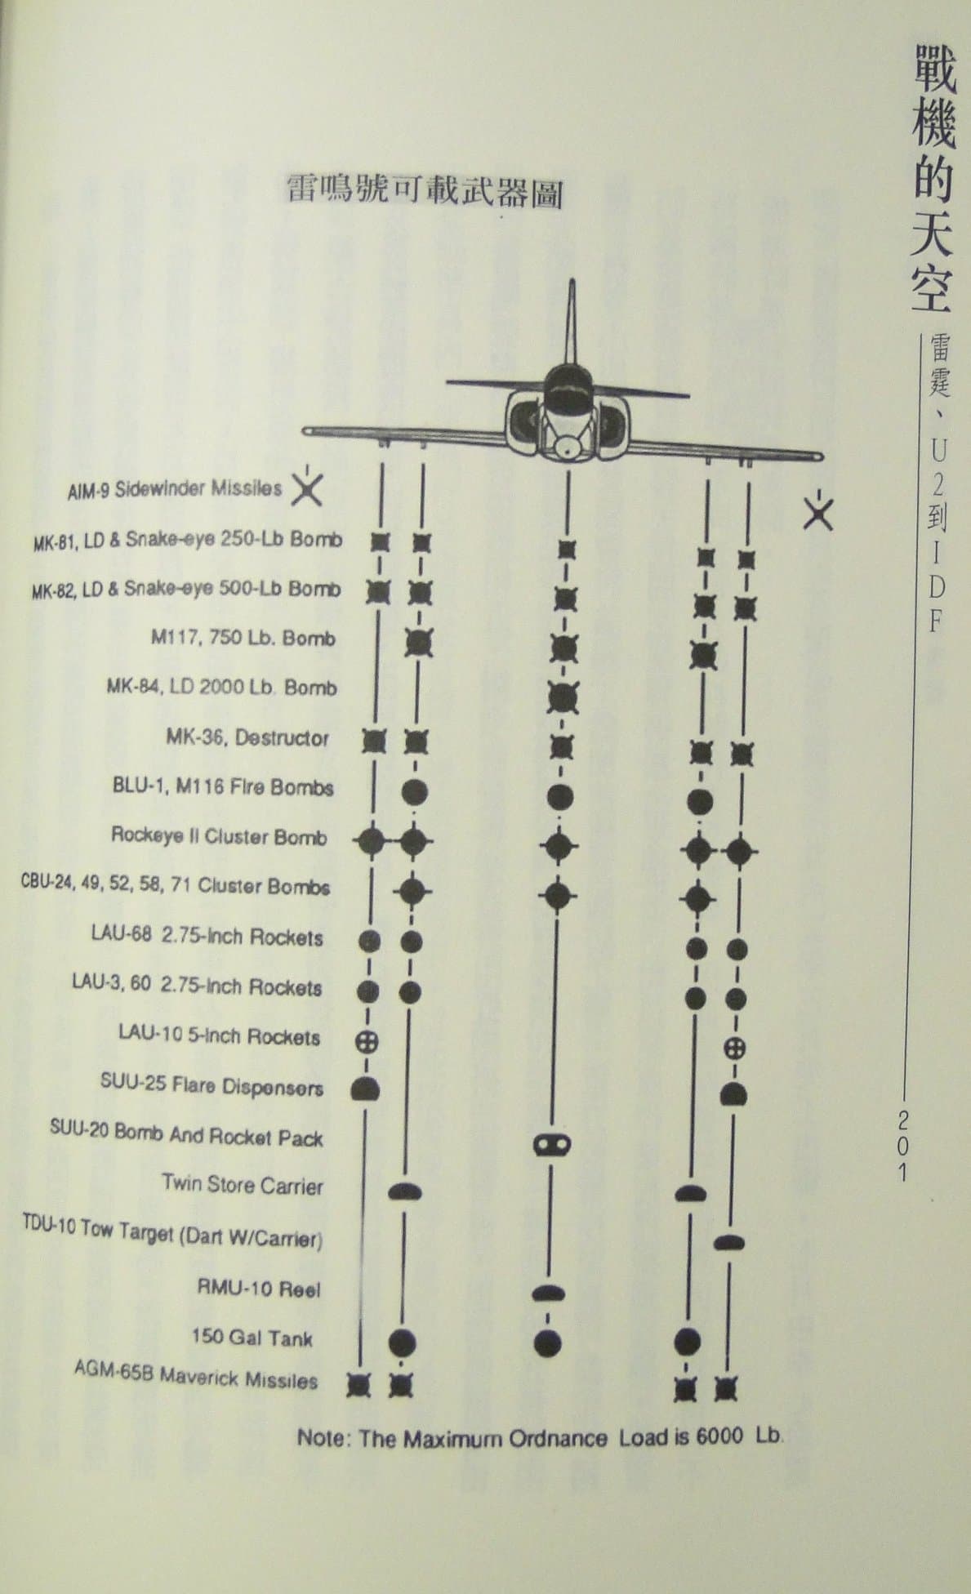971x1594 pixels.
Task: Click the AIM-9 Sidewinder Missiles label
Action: pyautogui.click(x=175, y=490)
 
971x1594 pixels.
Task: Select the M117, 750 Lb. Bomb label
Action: pyautogui.click(x=243, y=637)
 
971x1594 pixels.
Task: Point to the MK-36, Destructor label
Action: pyautogui.click(x=247, y=737)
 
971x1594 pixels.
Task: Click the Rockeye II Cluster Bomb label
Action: pyautogui.click(x=219, y=836)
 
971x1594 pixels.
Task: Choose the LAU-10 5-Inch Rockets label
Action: pyautogui.click(x=219, y=1035)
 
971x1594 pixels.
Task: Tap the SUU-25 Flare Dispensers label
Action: pyautogui.click(x=212, y=1085)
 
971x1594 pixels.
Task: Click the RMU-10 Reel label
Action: pyautogui.click(x=259, y=1289)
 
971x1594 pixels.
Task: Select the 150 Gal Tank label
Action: pyautogui.click(x=252, y=1338)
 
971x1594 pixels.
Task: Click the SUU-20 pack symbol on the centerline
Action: pyautogui.click(x=552, y=1145)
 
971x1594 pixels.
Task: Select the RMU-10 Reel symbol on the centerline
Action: pyautogui.click(x=549, y=1292)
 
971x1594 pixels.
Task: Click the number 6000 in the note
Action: pyautogui.click(x=720, y=1436)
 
